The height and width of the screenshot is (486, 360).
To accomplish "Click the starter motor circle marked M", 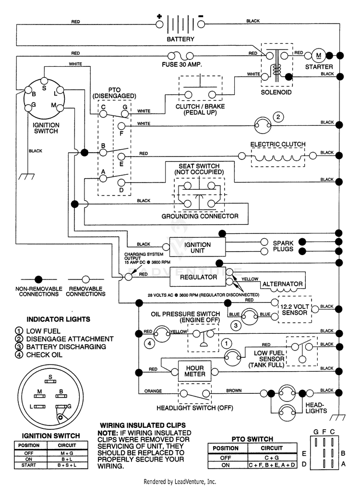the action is pyautogui.click(x=319, y=56).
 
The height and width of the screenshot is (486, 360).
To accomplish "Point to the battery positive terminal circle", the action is pyautogui.click(x=159, y=24).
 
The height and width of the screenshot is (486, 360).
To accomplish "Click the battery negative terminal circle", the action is pyautogui.click(x=201, y=24).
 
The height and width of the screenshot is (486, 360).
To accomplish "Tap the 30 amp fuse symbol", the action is pyautogui.click(x=180, y=56).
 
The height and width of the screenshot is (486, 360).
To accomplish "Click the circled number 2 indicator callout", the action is pyautogui.click(x=278, y=117).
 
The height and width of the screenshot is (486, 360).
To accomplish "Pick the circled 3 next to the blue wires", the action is pyautogui.click(x=236, y=326).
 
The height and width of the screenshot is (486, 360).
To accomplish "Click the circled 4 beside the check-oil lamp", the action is pyautogui.click(x=150, y=343).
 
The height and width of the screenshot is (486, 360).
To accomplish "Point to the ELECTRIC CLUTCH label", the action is pyautogui.click(x=277, y=144).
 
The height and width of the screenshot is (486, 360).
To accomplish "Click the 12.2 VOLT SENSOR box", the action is pyautogui.click(x=294, y=309).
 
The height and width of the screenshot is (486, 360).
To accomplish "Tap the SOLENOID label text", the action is pyautogui.click(x=276, y=92).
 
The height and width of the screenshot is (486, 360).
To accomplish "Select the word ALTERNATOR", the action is pyautogui.click(x=283, y=284).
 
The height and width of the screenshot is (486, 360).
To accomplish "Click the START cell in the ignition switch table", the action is pyautogui.click(x=29, y=465).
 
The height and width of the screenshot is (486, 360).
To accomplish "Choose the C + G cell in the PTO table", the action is pyautogui.click(x=272, y=458).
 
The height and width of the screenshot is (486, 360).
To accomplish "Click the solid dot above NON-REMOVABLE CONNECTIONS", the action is pyautogui.click(x=38, y=279).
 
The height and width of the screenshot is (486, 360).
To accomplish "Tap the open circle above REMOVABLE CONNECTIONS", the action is pyautogui.click(x=86, y=279).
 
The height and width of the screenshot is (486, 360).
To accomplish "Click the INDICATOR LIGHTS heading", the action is pyautogui.click(x=58, y=319).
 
